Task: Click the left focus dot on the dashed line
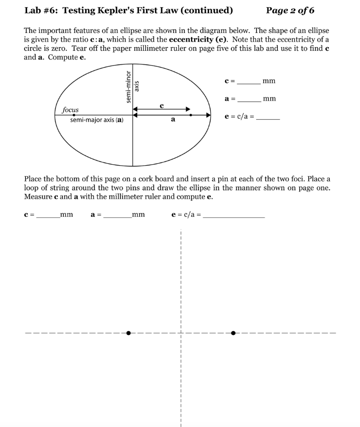128,333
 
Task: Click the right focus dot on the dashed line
233,333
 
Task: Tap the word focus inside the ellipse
70,110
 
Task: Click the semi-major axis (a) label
96,120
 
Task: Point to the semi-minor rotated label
128,86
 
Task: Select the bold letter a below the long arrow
173,120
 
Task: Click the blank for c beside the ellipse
249,82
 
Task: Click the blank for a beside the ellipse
249,100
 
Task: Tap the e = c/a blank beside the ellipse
268,118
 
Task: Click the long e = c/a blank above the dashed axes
235,216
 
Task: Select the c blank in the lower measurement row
48,216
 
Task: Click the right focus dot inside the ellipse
191,114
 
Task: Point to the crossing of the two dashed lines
181,333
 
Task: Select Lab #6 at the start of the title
39,10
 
